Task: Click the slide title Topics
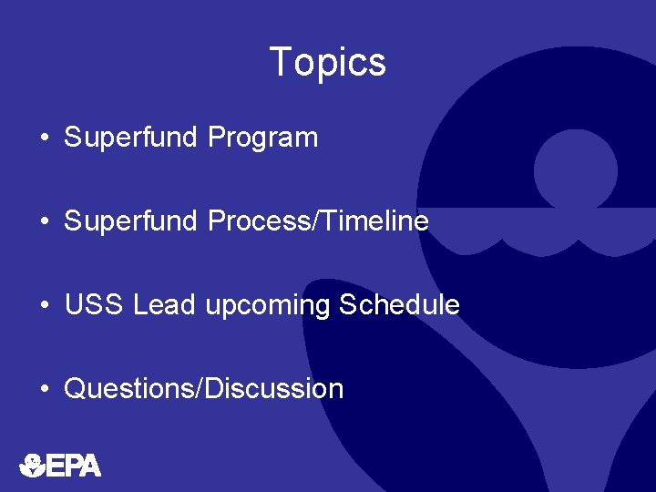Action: [x=328, y=63]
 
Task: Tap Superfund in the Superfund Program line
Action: [x=130, y=138]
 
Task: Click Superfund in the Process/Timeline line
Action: [x=130, y=221]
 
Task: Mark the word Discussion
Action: [x=274, y=389]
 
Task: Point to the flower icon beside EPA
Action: [x=32, y=466]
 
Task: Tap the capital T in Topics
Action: [x=281, y=62]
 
